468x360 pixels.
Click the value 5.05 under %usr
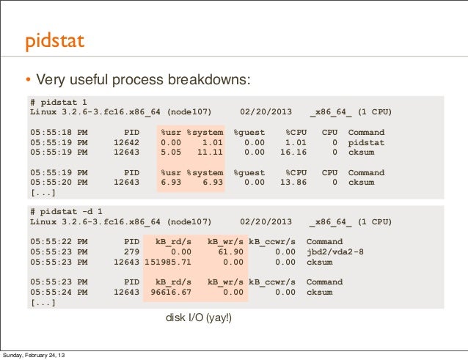coord(171,153)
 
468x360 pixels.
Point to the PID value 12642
coord(126,142)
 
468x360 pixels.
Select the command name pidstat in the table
coord(366,142)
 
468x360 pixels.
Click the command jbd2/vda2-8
coord(334,251)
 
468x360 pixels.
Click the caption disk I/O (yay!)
coord(200,319)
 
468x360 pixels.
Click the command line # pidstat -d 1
coord(67,210)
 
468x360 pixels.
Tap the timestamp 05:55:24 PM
coord(59,292)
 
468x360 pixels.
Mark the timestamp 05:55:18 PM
coord(59,132)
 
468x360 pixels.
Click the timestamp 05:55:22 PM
coord(59,241)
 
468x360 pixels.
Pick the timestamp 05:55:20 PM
coord(59,183)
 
